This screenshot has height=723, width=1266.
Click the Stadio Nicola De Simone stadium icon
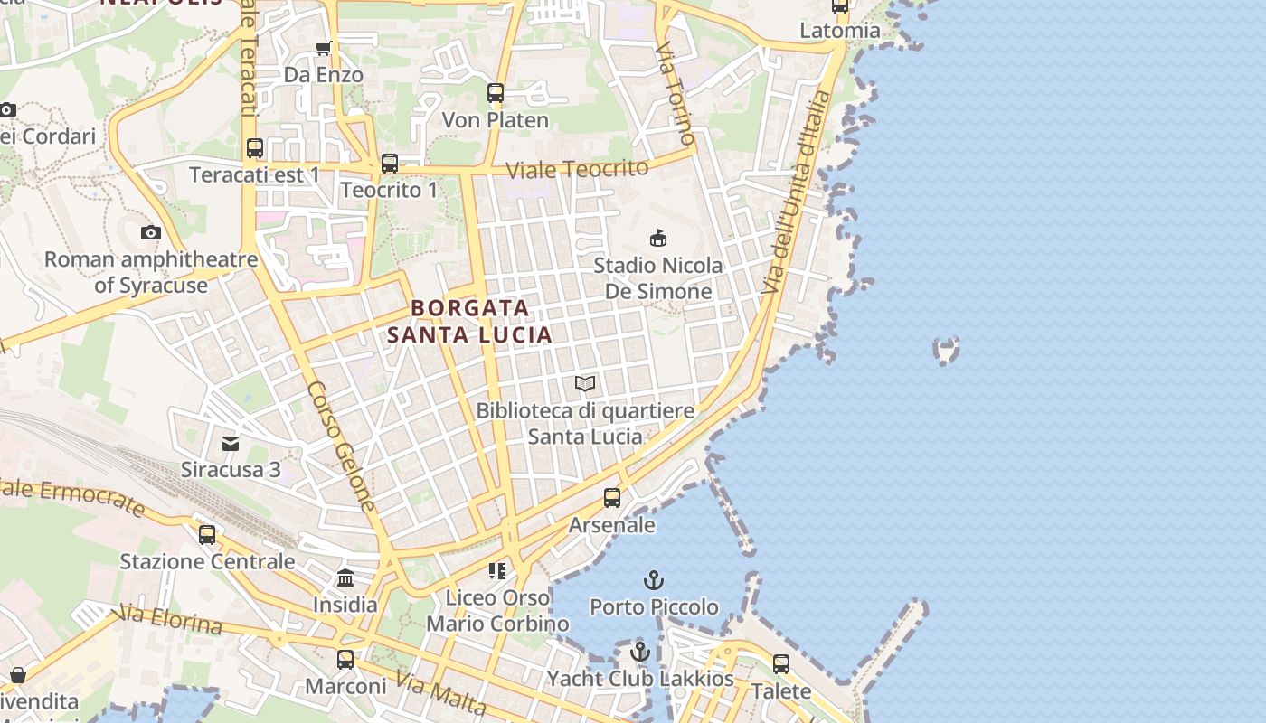(658, 239)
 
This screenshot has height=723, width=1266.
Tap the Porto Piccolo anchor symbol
(653, 580)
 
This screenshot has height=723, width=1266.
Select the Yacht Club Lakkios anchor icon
(640, 651)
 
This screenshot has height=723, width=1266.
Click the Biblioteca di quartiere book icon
(585, 384)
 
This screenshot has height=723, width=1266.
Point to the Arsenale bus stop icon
(612, 498)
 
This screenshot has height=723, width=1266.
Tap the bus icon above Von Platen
(495, 92)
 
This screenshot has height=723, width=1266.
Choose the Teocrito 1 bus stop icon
(390, 164)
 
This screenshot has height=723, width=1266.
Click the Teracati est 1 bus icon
(255, 148)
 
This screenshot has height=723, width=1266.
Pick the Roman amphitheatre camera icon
(151, 233)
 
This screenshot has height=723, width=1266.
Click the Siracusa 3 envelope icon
(231, 443)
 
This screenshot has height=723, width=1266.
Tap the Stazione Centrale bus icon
(207, 535)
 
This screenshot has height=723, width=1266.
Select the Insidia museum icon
(345, 578)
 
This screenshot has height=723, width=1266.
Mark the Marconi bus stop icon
(345, 660)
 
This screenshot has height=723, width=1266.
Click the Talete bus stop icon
(781, 664)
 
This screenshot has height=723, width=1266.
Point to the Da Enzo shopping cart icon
(323, 48)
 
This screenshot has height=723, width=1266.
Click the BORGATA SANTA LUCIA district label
(469, 322)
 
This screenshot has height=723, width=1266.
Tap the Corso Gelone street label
(341, 446)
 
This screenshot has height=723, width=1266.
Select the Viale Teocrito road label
(577, 169)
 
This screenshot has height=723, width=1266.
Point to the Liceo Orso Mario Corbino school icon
(496, 570)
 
